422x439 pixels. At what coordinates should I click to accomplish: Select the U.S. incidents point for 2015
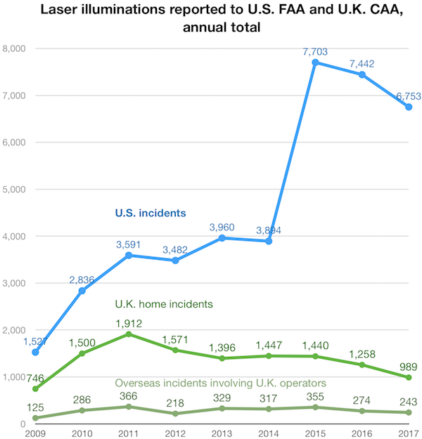316,63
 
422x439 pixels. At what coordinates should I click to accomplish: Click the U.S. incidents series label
155,212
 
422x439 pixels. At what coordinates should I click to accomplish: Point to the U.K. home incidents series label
163,304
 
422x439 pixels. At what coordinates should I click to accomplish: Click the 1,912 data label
130,323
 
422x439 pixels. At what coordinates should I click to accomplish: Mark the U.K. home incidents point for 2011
129,334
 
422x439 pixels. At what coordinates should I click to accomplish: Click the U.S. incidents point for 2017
409,107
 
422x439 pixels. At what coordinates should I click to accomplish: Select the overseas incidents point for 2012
177,414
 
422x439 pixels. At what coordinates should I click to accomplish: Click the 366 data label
129,395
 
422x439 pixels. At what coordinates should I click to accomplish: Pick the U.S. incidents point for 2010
82,291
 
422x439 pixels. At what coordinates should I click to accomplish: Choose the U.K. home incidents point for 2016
362,365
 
